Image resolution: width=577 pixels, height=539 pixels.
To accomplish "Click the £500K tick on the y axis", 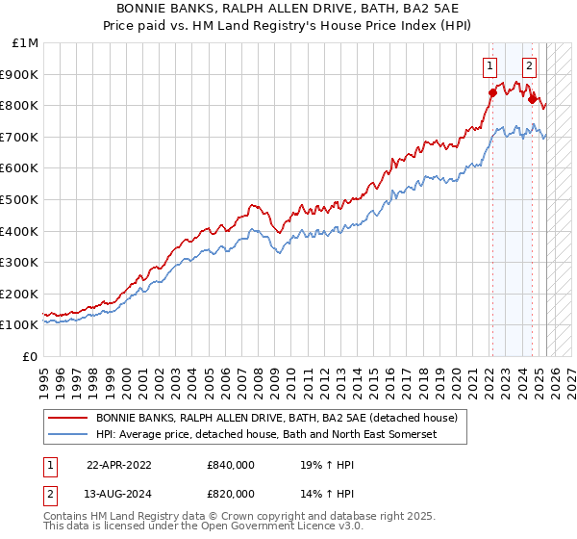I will [19, 199].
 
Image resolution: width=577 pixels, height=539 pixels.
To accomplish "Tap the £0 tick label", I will [32, 356].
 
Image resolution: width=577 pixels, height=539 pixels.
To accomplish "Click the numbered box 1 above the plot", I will [490, 66].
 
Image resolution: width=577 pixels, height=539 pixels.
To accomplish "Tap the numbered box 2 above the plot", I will [529, 66].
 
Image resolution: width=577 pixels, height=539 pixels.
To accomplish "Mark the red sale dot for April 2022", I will [492, 93].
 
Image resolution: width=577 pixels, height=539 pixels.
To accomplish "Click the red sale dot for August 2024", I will [532, 99].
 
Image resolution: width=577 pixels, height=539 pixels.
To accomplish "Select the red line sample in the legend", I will [67, 419].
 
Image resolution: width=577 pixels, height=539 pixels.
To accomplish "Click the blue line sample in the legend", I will [67, 435].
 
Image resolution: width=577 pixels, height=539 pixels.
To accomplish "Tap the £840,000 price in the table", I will [231, 465].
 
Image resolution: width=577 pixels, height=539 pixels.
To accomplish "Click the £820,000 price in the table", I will [231, 496].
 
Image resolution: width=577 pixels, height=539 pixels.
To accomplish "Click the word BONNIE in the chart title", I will [147, 7].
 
